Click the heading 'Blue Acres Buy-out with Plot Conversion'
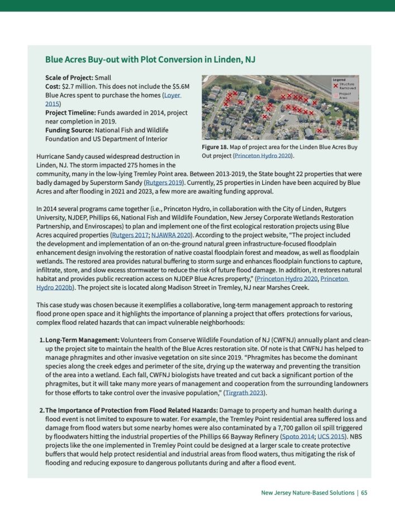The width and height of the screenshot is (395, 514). (x=150, y=59)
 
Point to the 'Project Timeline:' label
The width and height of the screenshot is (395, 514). (x=74, y=112)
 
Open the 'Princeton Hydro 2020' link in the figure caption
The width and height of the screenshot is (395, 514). (x=263, y=155)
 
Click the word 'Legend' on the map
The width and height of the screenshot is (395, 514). (x=339, y=80)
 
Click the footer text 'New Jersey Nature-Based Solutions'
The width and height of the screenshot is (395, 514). (x=307, y=493)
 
